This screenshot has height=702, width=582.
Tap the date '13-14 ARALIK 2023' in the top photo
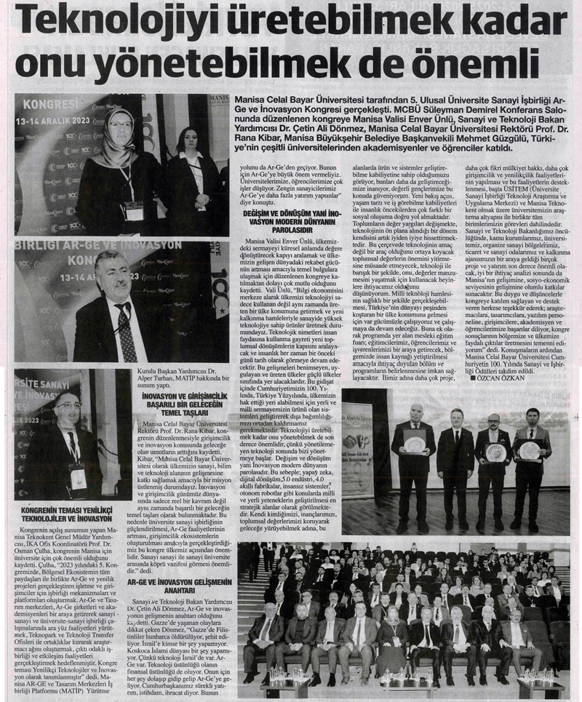(50, 120)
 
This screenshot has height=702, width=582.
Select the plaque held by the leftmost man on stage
(415, 444)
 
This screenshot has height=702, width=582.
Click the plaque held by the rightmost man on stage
(529, 450)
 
